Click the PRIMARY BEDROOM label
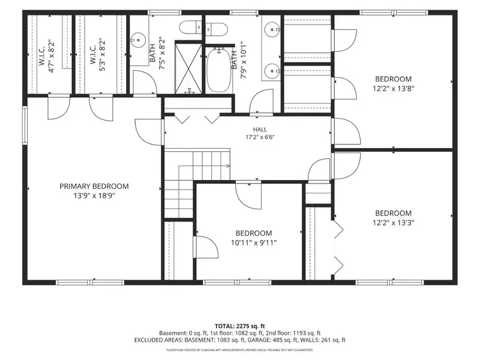click(x=94, y=186)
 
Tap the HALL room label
click(x=260, y=130)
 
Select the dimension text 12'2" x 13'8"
click(x=394, y=89)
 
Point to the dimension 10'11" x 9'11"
click(x=254, y=243)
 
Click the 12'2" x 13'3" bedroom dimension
click(x=394, y=223)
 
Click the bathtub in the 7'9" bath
click(x=219, y=70)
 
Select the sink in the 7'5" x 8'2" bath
click(x=139, y=40)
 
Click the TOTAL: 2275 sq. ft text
click(x=239, y=326)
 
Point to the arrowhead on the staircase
click(x=228, y=166)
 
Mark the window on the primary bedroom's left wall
click(x=25, y=125)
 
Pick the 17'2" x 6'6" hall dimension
click(x=260, y=137)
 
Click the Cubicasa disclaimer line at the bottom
click(x=239, y=350)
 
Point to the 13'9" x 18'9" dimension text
click(x=94, y=196)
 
